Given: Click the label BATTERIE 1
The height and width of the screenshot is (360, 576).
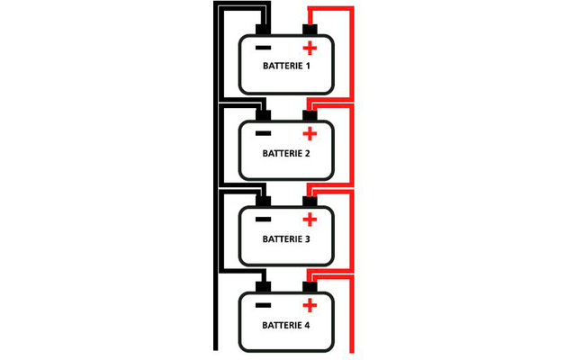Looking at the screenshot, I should tap(286, 67).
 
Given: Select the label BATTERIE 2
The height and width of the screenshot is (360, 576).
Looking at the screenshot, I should tap(286, 154).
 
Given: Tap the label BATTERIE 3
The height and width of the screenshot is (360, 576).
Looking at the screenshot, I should tap(286, 239).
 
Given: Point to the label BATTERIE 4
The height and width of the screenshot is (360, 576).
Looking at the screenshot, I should tap(286, 326).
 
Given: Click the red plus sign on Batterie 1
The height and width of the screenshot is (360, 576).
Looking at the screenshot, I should tap(310, 49).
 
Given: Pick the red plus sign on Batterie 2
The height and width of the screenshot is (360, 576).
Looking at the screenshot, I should tap(310, 135).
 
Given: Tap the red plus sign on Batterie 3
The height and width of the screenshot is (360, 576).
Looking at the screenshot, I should tap(310, 220).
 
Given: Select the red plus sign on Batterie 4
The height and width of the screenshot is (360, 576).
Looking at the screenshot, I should tap(310, 306).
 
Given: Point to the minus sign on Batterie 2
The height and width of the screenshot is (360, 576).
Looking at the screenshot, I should tap(263, 134).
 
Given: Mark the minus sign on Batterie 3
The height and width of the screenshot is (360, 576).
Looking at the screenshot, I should tap(263, 220).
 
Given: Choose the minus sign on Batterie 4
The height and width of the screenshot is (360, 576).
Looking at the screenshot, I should tap(263, 306).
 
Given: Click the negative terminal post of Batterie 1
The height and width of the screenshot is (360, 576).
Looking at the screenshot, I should tap(264, 30).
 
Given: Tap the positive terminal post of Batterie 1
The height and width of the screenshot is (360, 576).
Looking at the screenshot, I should tap(310, 30).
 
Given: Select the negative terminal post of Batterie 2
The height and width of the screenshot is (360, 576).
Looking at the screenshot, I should tap(264, 115).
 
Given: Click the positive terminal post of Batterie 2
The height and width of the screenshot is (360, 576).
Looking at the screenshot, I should tap(310, 115).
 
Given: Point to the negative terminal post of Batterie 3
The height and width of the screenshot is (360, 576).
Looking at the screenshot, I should tap(264, 202).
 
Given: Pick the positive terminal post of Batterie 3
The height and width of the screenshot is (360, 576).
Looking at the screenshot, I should tap(310, 202).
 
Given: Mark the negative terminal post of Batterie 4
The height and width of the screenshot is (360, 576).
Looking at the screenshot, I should tap(264, 287).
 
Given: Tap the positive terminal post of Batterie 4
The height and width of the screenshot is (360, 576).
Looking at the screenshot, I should tap(310, 287).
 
